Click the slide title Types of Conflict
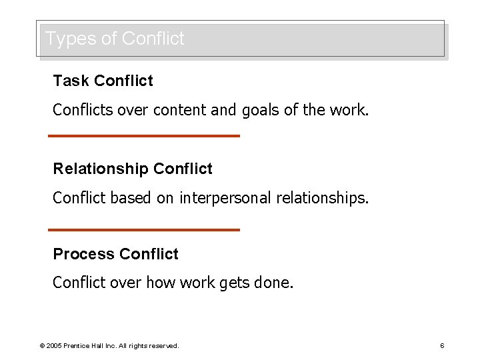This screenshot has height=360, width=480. click(115, 39)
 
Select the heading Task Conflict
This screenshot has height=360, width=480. click(103, 81)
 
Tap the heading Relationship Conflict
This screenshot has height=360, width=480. click(133, 169)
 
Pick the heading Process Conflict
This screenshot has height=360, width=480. click(115, 254)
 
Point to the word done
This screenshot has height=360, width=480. click(273, 283)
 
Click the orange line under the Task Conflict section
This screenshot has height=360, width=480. click(144, 136)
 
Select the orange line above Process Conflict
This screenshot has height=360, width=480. click(144, 230)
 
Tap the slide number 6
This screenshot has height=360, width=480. click(442, 345)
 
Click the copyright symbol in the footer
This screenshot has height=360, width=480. click(42, 346)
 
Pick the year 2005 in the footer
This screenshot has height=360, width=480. click(54, 346)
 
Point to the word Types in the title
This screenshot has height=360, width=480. click(70, 39)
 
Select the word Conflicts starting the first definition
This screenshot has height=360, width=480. click(83, 110)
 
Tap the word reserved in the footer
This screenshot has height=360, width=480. click(163, 346)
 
